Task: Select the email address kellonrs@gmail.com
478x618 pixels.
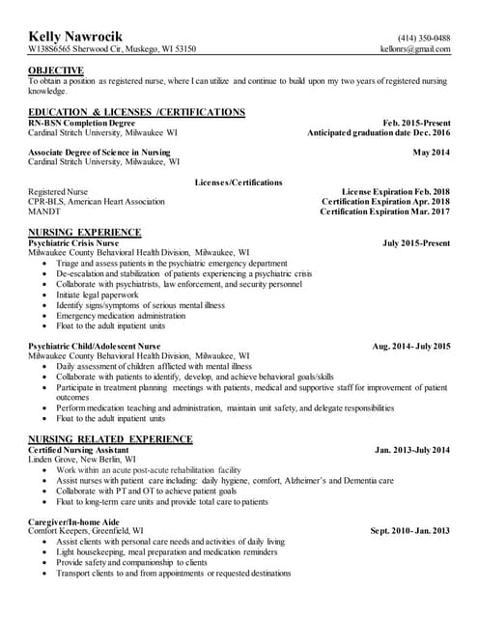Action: pos(416,48)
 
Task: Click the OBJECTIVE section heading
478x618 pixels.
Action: pos(55,70)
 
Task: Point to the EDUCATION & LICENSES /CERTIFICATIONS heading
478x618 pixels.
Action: pos(136,112)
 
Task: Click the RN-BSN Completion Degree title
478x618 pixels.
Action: pos(81,123)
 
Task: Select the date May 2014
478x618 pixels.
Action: pos(431,153)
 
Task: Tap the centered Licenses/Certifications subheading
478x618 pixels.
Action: pos(239,182)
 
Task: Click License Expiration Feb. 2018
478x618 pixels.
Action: pos(396,191)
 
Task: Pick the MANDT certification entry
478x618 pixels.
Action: pos(43,211)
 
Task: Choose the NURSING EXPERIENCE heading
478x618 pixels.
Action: pos(85,232)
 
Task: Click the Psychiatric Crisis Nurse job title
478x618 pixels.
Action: pos(73,242)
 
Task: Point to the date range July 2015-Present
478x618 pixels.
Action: pos(416,242)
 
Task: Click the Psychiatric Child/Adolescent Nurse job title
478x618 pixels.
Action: pos(95,345)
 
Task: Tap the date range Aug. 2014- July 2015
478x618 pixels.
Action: pos(410,345)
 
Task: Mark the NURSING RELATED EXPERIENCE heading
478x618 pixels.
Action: pos(110,439)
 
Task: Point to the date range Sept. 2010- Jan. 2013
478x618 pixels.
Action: pos(410,531)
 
